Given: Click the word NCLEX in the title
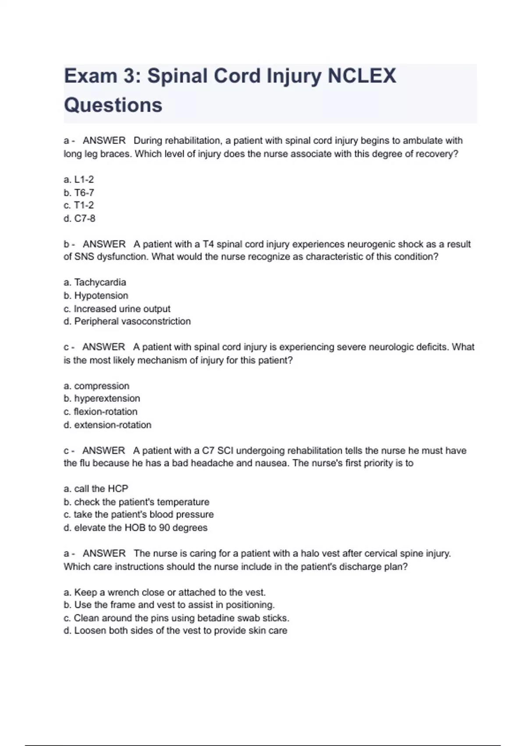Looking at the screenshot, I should [362, 76].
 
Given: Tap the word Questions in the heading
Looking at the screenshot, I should [113, 105].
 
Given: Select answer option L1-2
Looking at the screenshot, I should [79, 179].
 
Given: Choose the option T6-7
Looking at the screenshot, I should [79, 193].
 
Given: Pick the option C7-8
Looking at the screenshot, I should [79, 218].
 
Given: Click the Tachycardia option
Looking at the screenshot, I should [95, 282].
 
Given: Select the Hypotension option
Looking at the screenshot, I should [96, 295].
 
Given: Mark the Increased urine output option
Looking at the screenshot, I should [117, 308].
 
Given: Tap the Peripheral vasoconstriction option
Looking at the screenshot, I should [127, 321].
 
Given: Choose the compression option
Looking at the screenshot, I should [96, 386].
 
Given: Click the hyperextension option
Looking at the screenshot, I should [102, 398].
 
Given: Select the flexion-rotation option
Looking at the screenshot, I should [100, 412].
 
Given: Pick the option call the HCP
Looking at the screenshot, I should [96, 488].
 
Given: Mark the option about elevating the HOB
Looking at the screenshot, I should [135, 527].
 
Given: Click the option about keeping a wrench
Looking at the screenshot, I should [165, 592].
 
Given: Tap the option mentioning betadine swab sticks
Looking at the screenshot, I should [177, 618].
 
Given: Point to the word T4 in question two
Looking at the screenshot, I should [208, 244].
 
